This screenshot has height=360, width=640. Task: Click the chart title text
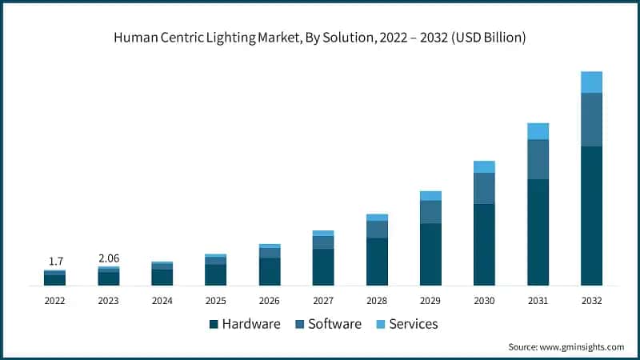[x=320, y=37]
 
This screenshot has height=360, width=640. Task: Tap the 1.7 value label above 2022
[x=54, y=261]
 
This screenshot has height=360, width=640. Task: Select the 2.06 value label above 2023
[x=108, y=258]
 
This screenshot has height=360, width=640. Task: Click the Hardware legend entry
[x=245, y=324]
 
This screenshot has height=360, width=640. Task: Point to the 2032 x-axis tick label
[x=591, y=301]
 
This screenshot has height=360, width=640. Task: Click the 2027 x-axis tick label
[x=323, y=301]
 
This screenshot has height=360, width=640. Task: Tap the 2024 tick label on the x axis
[x=162, y=301]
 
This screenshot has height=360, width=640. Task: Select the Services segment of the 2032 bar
[x=591, y=82]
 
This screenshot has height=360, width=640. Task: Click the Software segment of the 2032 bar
[x=591, y=119]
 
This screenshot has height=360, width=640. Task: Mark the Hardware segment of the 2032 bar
[x=591, y=215]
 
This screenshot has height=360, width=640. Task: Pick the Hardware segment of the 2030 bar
[x=484, y=244]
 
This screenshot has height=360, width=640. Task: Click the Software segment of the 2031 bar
[x=538, y=159]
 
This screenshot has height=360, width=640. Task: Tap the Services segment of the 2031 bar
[x=538, y=131]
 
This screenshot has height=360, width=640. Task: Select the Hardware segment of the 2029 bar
[x=430, y=254]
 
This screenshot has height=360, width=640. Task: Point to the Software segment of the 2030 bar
[x=484, y=188]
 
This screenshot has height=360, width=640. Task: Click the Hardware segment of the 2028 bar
[x=377, y=261]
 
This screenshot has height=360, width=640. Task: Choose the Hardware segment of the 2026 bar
[x=270, y=271]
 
